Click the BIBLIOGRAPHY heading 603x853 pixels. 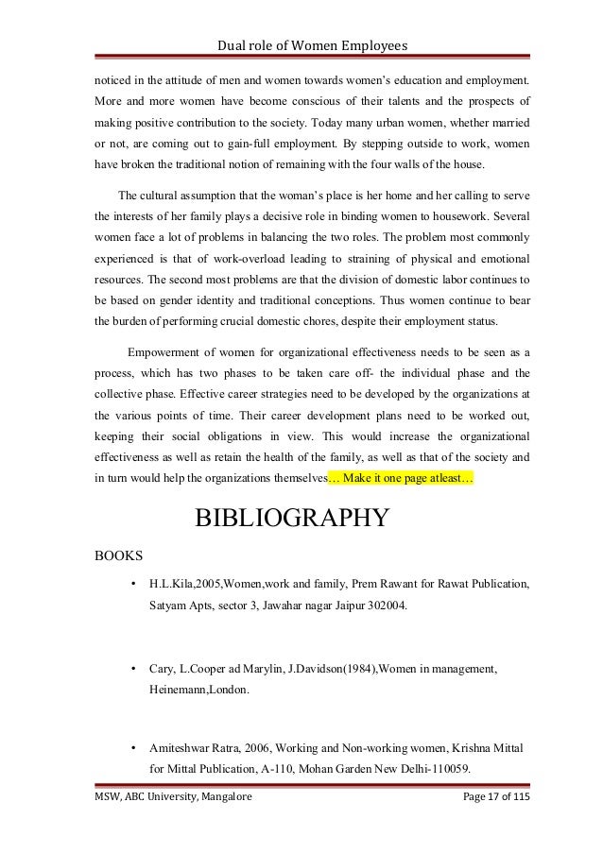[290, 519]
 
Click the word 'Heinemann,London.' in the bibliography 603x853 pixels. [198, 691]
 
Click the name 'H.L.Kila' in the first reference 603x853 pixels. [171, 584]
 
